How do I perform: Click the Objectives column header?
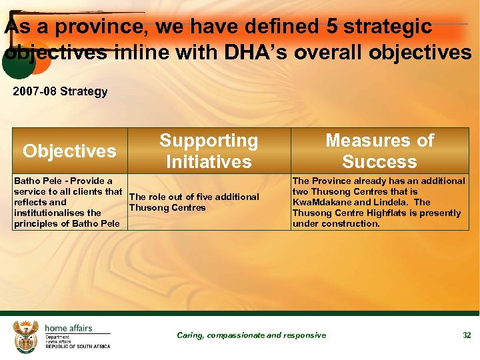click(x=69, y=151)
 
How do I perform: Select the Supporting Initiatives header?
click(x=209, y=151)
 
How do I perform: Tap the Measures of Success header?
click(x=379, y=151)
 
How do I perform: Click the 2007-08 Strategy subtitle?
click(x=60, y=91)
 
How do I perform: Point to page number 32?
click(x=467, y=335)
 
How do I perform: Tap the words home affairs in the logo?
click(x=69, y=328)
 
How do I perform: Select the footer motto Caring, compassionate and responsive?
click(x=251, y=335)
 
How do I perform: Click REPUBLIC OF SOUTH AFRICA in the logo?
click(x=77, y=347)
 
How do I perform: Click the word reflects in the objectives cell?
click(x=30, y=202)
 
